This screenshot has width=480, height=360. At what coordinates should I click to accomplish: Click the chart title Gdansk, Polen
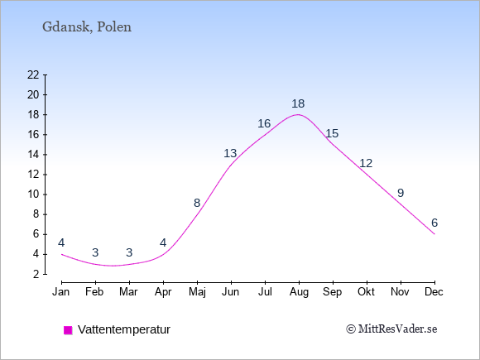click(x=87, y=27)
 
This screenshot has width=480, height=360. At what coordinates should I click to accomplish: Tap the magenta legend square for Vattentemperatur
click(x=68, y=330)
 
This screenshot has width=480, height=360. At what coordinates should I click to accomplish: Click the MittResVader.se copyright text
click(x=391, y=329)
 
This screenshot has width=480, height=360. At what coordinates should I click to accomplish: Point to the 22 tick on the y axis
click(x=33, y=74)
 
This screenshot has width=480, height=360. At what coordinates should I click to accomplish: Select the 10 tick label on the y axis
click(x=33, y=194)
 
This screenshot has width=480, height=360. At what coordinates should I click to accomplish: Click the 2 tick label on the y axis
click(x=36, y=274)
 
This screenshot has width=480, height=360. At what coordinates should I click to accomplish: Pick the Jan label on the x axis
click(x=61, y=292)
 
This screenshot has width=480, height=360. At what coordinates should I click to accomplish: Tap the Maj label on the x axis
click(x=197, y=292)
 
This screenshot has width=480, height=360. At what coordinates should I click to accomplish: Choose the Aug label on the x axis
click(x=299, y=292)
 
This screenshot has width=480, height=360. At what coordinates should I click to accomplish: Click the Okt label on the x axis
click(x=366, y=292)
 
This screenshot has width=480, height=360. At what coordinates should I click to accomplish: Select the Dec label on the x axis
click(x=434, y=292)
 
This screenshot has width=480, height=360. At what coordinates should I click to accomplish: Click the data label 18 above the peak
click(x=298, y=103)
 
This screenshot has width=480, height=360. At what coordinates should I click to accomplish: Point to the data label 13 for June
click(x=230, y=153)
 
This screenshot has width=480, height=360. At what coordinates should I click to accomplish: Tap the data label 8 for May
click(x=197, y=203)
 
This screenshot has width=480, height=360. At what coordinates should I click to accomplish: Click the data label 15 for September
click(x=332, y=133)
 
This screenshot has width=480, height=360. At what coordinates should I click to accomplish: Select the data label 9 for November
click(x=401, y=193)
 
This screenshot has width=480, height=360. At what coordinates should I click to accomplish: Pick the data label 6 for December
click(x=434, y=223)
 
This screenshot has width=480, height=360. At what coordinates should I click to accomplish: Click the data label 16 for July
click(x=264, y=123)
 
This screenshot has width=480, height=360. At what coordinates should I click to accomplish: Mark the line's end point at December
click(x=434, y=234)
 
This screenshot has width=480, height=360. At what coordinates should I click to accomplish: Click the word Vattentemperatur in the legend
click(x=124, y=329)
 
